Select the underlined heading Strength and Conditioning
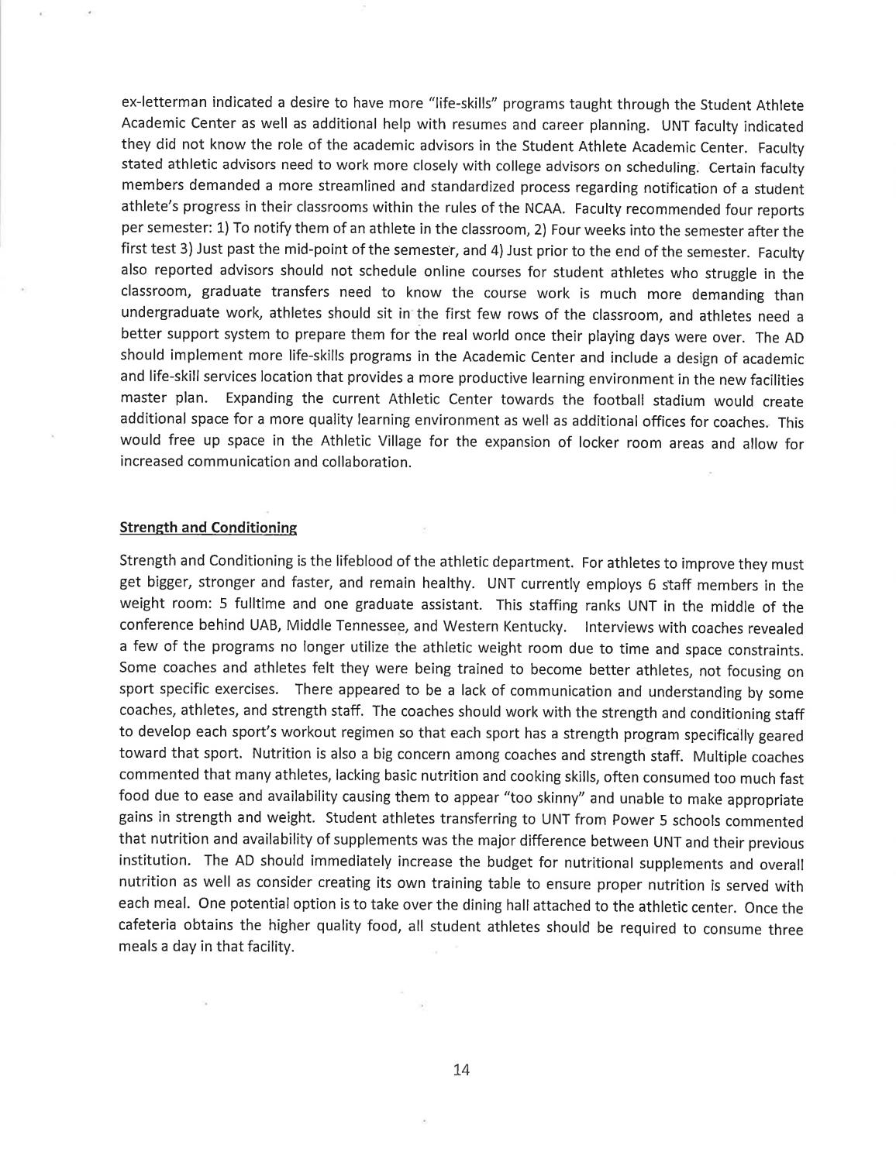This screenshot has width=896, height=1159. [208, 528]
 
